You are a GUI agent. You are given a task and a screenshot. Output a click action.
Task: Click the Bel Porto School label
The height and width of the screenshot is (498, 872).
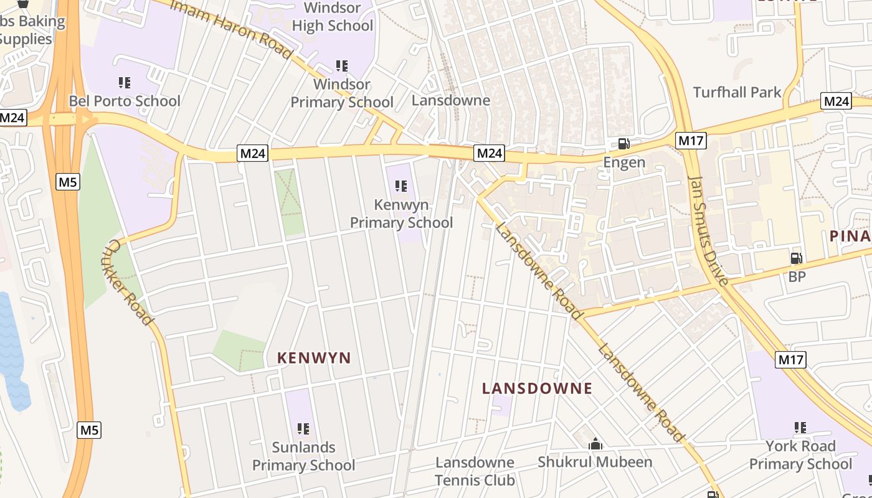point(125,101)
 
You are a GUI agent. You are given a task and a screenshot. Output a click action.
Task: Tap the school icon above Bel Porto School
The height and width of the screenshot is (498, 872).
point(124,82)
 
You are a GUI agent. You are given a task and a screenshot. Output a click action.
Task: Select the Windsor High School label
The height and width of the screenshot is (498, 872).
point(333,17)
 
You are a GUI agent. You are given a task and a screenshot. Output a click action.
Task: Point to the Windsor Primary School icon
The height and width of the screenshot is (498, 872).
point(341,65)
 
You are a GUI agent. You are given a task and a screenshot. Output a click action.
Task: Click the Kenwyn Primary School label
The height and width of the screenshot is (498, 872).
point(401,214)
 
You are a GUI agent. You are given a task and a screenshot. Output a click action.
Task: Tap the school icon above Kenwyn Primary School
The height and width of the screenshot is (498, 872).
point(401,186)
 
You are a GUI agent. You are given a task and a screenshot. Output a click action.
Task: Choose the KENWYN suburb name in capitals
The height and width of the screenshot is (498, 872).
point(314,358)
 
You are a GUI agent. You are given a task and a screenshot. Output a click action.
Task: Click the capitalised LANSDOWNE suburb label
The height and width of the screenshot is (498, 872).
point(537,388)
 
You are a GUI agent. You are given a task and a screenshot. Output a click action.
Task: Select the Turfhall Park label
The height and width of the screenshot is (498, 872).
point(737,92)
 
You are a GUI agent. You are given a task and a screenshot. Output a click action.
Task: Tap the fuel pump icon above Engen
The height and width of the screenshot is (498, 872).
point(623,144)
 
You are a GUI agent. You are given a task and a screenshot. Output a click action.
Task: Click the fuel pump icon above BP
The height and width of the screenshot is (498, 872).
point(796,258)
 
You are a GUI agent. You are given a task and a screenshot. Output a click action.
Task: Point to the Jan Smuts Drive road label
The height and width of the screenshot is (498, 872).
point(709,230)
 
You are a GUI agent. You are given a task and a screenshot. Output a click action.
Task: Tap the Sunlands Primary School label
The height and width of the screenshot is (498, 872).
point(303,456)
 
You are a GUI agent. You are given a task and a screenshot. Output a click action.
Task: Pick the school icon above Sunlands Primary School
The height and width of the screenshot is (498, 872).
point(303,428)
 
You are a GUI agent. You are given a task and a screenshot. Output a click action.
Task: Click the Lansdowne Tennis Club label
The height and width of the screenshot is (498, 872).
point(475,471)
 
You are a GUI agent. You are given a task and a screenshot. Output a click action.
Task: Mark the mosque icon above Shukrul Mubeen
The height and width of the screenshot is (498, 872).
point(595,444)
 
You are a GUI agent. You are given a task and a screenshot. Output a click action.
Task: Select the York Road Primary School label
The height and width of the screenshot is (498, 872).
point(800,455)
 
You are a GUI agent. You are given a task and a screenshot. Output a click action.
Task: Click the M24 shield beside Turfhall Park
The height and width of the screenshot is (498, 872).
point(836,101)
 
